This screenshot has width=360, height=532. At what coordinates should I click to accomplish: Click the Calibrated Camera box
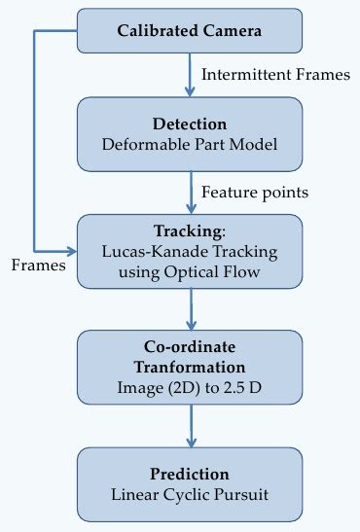point(191,31)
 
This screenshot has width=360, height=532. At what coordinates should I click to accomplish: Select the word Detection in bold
point(191,124)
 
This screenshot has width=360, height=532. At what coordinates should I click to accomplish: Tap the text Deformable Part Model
point(191,145)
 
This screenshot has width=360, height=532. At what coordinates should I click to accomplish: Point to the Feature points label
point(254,192)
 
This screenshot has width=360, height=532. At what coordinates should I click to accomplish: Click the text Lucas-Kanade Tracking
point(191,251)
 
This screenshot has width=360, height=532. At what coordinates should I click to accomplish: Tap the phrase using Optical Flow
point(191,270)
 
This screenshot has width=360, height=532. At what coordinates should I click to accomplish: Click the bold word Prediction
point(191,474)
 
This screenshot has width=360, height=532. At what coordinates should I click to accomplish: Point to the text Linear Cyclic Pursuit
point(191,494)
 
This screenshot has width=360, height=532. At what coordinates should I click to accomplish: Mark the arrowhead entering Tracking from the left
point(72,249)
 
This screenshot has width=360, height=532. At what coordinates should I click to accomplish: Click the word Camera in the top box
point(232,31)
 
